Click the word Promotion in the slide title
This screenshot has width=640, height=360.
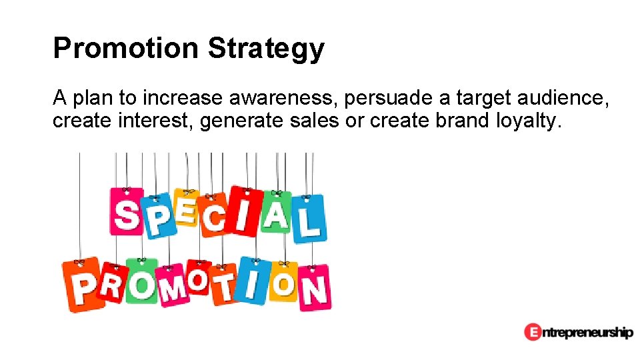(x=126, y=48)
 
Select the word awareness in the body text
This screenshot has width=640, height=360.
(x=285, y=99)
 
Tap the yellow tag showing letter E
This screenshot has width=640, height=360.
(x=185, y=207)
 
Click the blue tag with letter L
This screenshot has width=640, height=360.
(x=309, y=219)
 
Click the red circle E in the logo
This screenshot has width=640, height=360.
(x=532, y=331)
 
